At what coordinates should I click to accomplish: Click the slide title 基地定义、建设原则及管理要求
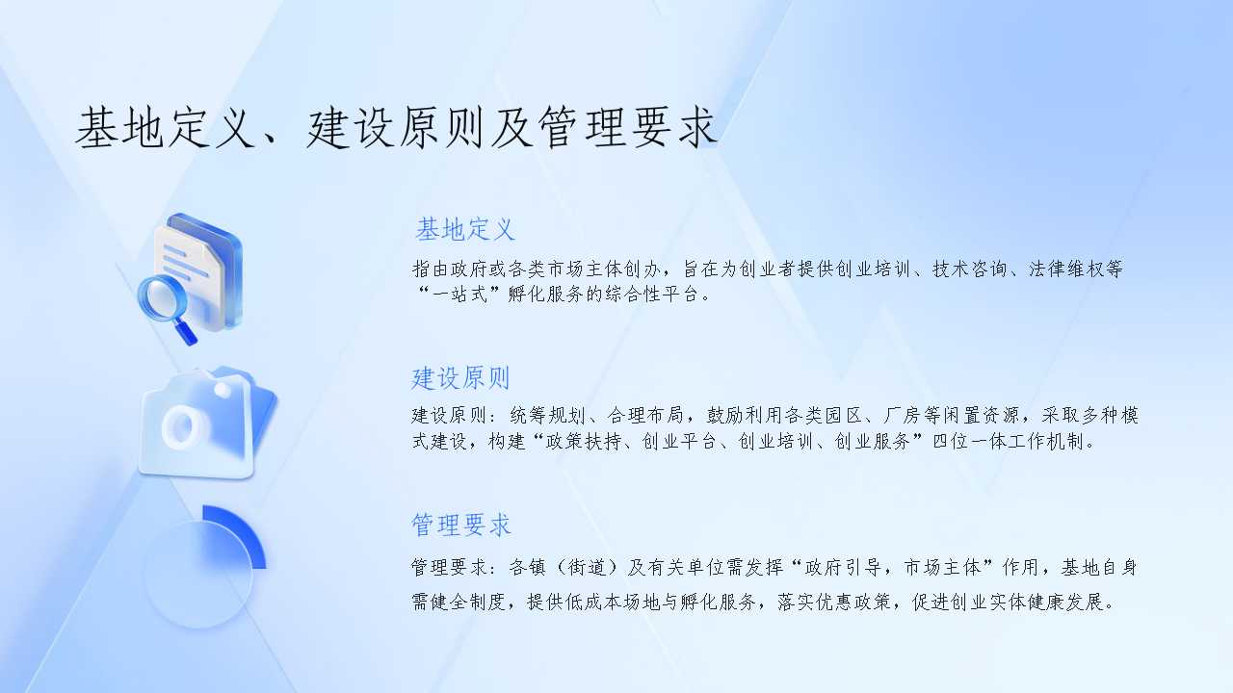tap(396, 128)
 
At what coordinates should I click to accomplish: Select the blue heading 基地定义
tap(465, 229)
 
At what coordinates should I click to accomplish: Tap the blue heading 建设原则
tap(460, 378)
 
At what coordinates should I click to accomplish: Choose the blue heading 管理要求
tap(461, 525)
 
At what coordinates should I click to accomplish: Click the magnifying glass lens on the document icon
tap(162, 300)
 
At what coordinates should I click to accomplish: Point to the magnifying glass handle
tap(186, 332)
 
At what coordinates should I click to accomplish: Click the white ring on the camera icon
tap(182, 427)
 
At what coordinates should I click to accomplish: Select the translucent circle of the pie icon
tap(198, 575)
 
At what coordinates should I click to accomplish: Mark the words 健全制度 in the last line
tap(468, 602)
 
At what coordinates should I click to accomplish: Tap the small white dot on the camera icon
tap(223, 390)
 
